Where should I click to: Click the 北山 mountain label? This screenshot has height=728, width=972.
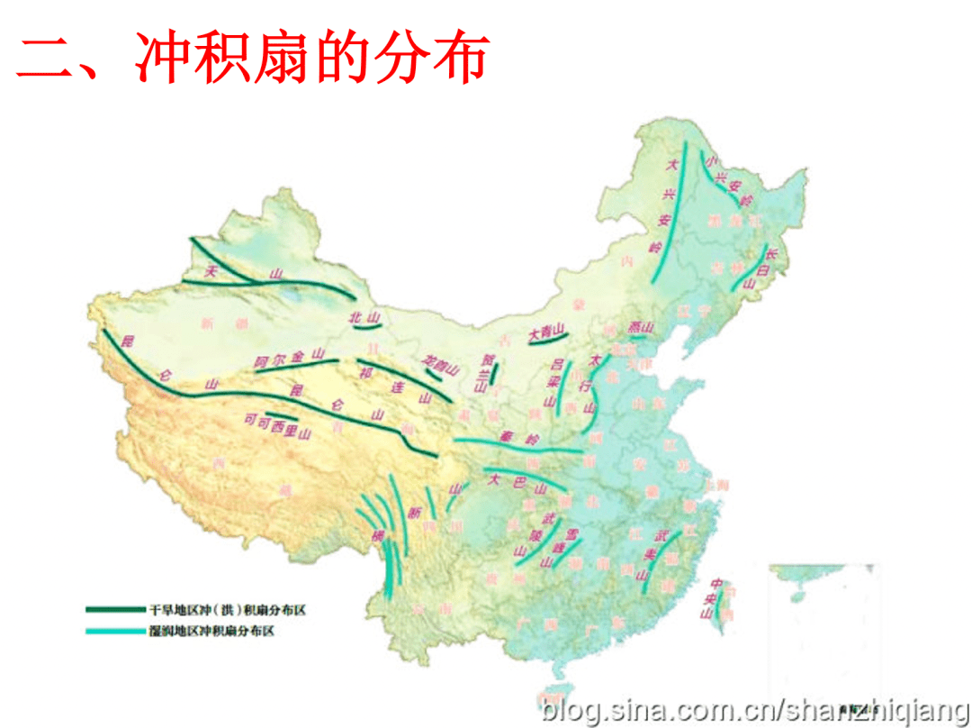[365, 317]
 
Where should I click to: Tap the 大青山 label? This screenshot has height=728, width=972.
[545, 331]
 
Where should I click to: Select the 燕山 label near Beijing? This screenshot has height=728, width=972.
[640, 328]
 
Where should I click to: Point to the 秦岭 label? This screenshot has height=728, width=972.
[518, 439]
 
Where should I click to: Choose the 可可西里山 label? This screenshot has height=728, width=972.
[277, 424]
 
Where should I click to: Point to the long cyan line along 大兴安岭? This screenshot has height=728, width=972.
[676, 207]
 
